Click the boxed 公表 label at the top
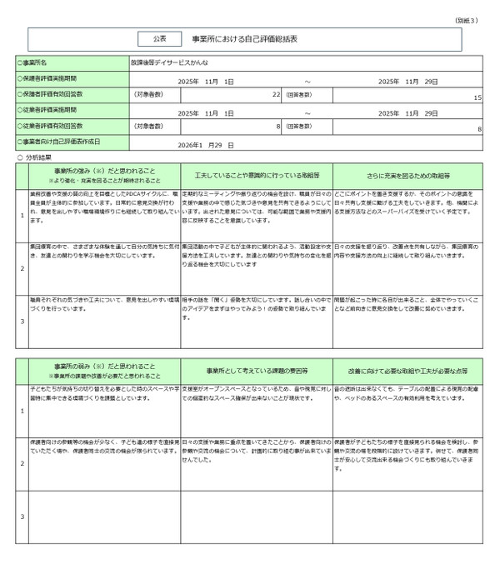160,39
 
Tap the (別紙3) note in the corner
467,19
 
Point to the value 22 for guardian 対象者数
276,97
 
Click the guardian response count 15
477,97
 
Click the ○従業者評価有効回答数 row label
52,127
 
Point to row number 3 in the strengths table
22,321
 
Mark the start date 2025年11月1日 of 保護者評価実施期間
207,82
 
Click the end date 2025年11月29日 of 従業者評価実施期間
407,112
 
